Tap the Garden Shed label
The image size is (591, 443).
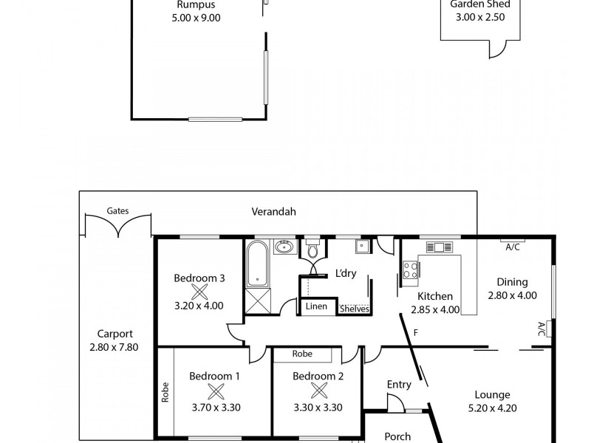tap(480, 4)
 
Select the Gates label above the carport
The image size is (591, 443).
tap(117, 210)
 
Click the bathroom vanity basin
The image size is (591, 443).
tap(284, 247)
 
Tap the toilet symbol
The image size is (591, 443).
tap(312, 250)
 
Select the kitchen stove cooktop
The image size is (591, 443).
tap(411, 269)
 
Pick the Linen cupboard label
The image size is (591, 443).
tap(315, 306)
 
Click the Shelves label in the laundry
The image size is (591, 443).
tap(355, 309)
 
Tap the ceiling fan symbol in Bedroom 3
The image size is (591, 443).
tap(199, 291)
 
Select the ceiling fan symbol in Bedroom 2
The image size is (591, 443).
tap(318, 391)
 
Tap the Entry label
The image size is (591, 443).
tap(399, 384)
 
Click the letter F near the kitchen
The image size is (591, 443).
tap(416, 333)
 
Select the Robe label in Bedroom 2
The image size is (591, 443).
tap(302, 354)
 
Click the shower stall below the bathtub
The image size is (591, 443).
tap(257, 301)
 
